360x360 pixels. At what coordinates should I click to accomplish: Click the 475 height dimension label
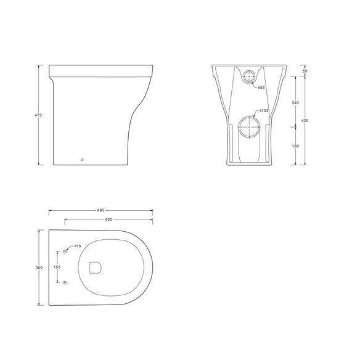(x=38, y=115)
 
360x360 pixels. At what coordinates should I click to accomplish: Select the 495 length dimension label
(x=101, y=210)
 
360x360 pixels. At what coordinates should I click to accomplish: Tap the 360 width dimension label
(x=39, y=268)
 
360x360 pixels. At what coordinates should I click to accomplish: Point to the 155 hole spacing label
(x=57, y=267)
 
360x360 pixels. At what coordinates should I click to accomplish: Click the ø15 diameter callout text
(x=78, y=246)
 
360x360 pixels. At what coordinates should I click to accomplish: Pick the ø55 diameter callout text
(x=261, y=88)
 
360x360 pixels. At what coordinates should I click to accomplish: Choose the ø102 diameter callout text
(x=264, y=111)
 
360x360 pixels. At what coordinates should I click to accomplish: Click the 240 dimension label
(x=295, y=102)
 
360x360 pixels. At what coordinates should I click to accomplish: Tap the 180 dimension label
(x=295, y=146)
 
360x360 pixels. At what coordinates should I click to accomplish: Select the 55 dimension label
(x=305, y=71)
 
